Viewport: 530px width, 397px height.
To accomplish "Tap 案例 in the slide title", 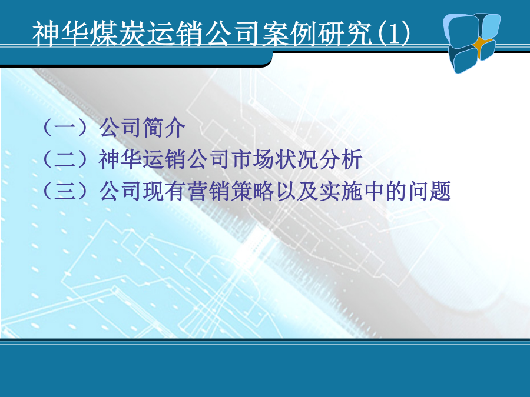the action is click(x=290, y=33).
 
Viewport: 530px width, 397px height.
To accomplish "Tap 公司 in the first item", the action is click(x=121, y=127).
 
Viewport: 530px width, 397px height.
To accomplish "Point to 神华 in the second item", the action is click(x=121, y=159).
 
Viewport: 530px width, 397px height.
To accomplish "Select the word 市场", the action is click(x=253, y=159).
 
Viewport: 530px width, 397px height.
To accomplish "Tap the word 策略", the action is click(x=253, y=191).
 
